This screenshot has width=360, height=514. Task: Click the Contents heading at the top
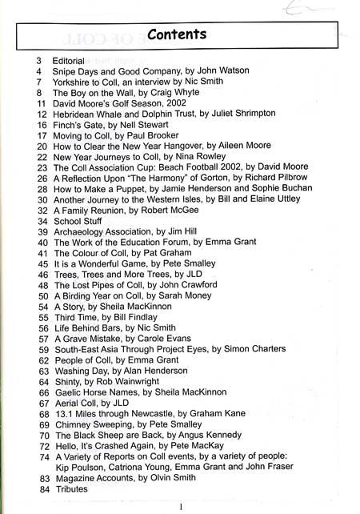pyautogui.click(x=177, y=34)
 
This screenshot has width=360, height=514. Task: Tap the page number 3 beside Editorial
pyautogui.click(x=38, y=60)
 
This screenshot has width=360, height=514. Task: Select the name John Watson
pyautogui.click(x=222, y=71)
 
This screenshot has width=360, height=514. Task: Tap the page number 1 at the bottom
pyautogui.click(x=182, y=506)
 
